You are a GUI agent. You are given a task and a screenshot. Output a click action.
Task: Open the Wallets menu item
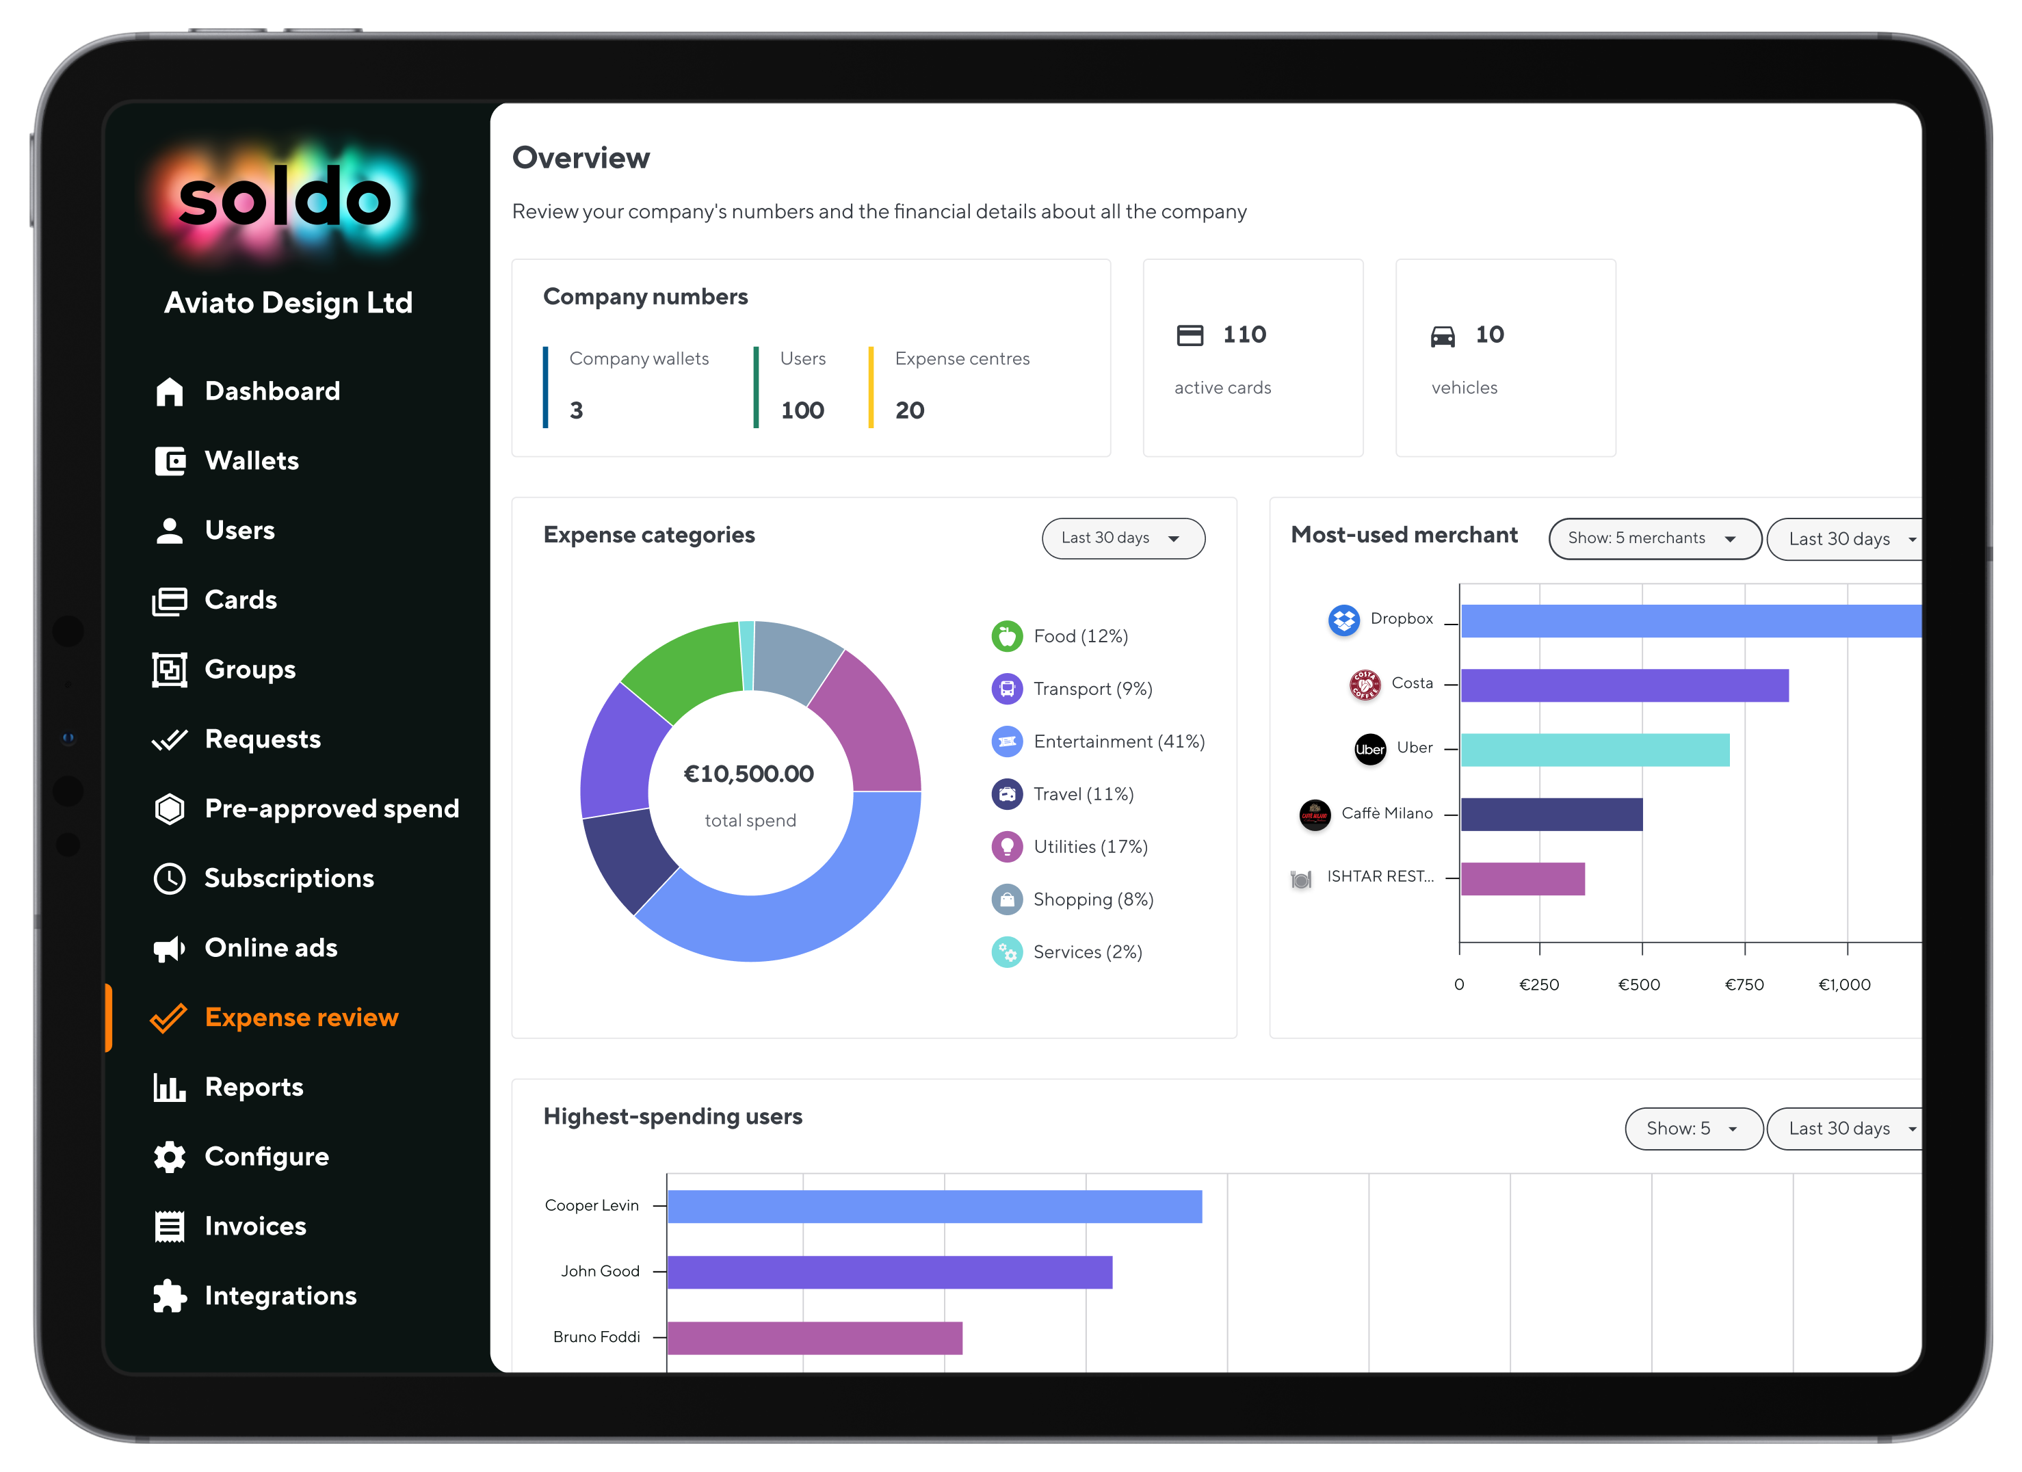pyautogui.click(x=252, y=461)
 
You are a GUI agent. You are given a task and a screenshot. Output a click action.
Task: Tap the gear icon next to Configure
pyautogui.click(x=170, y=1157)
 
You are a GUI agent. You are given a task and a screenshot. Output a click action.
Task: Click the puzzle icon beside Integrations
pyautogui.click(x=170, y=1296)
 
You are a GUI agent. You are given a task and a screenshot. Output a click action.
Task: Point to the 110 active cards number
pyautogui.click(x=1244, y=334)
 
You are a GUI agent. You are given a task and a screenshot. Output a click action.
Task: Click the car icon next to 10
pyautogui.click(x=1443, y=336)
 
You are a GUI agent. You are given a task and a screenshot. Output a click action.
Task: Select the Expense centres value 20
pyautogui.click(x=909, y=410)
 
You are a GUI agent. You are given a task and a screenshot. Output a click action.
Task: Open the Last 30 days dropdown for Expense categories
pyautogui.click(x=1122, y=538)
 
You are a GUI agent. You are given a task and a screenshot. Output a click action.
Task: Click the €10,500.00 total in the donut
pyautogui.click(x=748, y=774)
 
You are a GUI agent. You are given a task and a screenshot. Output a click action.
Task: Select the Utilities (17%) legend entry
pyautogui.click(x=1090, y=847)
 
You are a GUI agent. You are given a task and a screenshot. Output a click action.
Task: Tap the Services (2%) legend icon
pyautogui.click(x=1006, y=952)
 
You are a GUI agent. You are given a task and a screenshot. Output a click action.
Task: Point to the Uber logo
pyautogui.click(x=1369, y=749)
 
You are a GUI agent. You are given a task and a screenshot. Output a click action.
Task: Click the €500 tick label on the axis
pyautogui.click(x=1639, y=984)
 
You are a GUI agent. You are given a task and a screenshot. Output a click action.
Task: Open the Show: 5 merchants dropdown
pyautogui.click(x=1654, y=538)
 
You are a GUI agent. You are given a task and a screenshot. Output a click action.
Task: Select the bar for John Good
pyautogui.click(x=889, y=1272)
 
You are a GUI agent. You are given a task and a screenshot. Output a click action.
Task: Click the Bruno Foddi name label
pyautogui.click(x=596, y=1337)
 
